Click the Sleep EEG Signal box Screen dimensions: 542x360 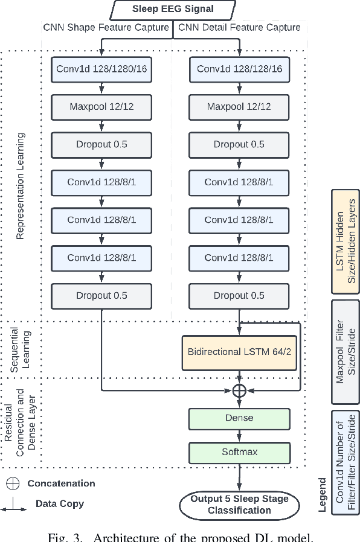tap(173, 9)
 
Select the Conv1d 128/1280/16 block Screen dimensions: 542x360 tap(101, 69)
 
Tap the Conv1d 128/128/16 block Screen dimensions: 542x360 tap(239, 69)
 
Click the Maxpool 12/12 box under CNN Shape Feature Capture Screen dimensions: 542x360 tap(101, 107)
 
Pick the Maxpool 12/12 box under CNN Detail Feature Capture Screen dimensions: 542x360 tap(239, 107)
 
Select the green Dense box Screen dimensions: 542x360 tap(239, 418)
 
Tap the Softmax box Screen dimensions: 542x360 tap(239, 451)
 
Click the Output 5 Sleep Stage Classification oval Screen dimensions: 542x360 tap(239, 505)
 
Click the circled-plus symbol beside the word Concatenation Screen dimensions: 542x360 tap(13, 483)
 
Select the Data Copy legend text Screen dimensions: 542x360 tap(60, 503)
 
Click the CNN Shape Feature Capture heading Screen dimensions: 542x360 tap(106, 27)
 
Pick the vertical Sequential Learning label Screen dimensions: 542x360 tap(21, 348)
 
